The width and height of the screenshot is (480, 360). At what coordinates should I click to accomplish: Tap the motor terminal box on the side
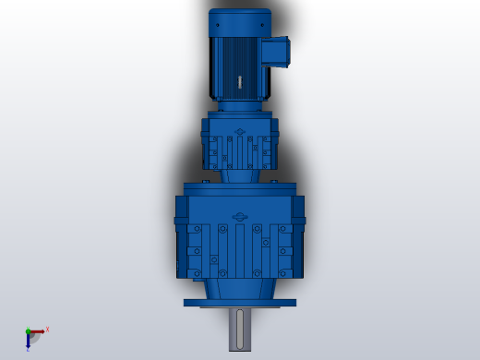[x=275, y=51]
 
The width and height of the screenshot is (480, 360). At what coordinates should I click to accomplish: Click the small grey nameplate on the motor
[x=240, y=81]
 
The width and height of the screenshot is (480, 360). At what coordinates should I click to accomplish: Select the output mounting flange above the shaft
[x=240, y=302]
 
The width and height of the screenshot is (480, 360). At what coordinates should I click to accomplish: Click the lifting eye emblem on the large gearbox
[x=240, y=217]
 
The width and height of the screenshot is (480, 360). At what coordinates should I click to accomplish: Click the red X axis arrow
[x=37, y=331]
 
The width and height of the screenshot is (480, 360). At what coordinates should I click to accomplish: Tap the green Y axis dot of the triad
[x=28, y=331]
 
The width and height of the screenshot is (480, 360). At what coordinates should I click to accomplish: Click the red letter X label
[x=47, y=329]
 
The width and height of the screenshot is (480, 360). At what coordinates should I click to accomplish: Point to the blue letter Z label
[x=28, y=350]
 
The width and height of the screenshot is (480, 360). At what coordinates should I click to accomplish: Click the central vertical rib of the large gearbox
[x=240, y=249]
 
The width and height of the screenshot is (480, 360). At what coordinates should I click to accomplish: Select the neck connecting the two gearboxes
[x=240, y=175]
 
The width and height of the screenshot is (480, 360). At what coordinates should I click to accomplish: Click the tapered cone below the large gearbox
[x=240, y=288]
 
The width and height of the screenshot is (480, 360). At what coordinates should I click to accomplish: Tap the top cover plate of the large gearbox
[x=240, y=188]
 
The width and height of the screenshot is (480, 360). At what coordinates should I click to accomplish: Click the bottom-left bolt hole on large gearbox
[x=196, y=272]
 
